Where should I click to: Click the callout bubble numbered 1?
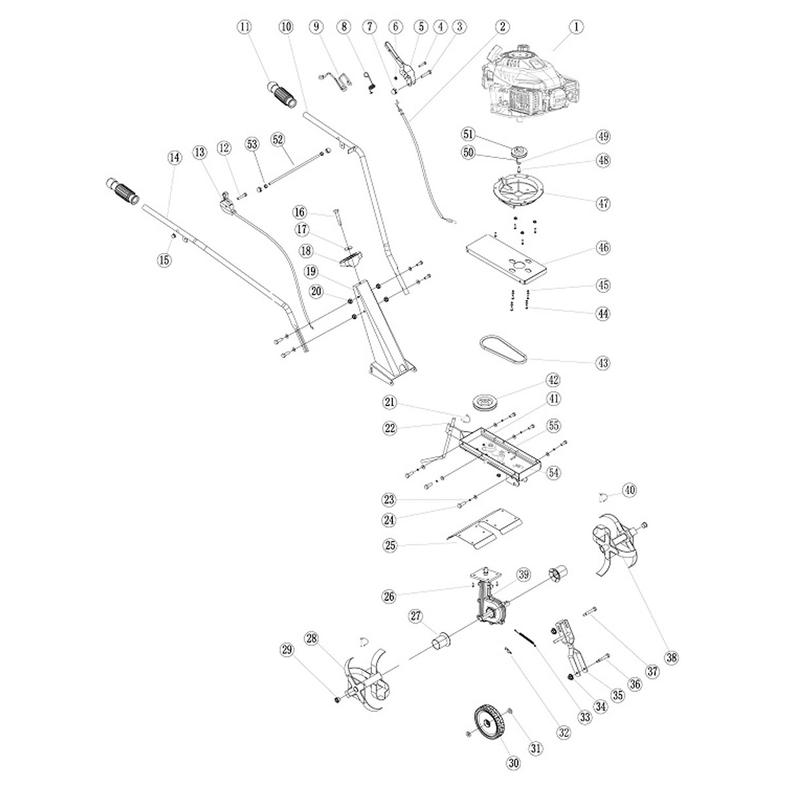point(576,28)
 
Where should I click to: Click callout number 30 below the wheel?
point(513,762)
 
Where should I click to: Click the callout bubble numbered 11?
point(245,28)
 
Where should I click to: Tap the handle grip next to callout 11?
point(282,95)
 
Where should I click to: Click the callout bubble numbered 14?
point(174,157)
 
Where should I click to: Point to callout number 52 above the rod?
point(278,140)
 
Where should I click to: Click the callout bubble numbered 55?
point(553,425)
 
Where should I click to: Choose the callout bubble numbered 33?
point(584,717)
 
